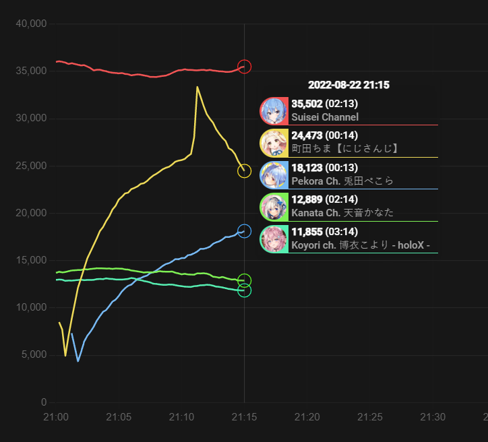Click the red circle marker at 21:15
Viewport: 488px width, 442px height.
click(x=245, y=67)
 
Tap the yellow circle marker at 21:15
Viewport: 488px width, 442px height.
click(x=245, y=171)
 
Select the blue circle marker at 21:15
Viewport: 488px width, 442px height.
click(x=245, y=231)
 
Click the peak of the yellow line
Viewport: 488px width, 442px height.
click(x=197, y=87)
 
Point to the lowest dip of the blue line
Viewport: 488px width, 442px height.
click(x=78, y=361)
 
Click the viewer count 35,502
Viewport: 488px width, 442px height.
click(x=307, y=104)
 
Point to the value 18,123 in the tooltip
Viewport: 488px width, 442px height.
click(x=307, y=167)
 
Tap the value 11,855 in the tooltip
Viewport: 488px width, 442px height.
click(x=307, y=231)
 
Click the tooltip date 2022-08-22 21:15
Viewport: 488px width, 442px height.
click(x=348, y=85)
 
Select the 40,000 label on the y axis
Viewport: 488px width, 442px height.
click(x=30, y=24)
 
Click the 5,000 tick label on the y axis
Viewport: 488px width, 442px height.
click(x=33, y=354)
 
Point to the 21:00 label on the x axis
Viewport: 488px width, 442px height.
click(x=56, y=418)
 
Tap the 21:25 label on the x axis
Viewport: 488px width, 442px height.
click(x=370, y=418)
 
